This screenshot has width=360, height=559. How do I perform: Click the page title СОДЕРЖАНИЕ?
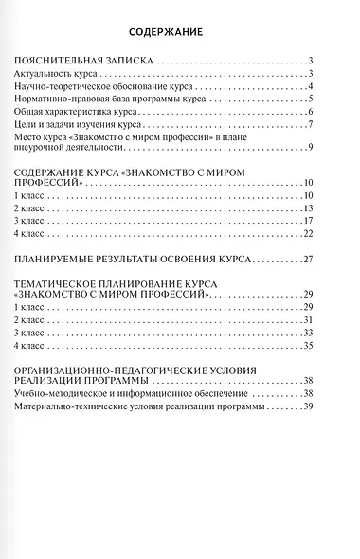180,33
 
